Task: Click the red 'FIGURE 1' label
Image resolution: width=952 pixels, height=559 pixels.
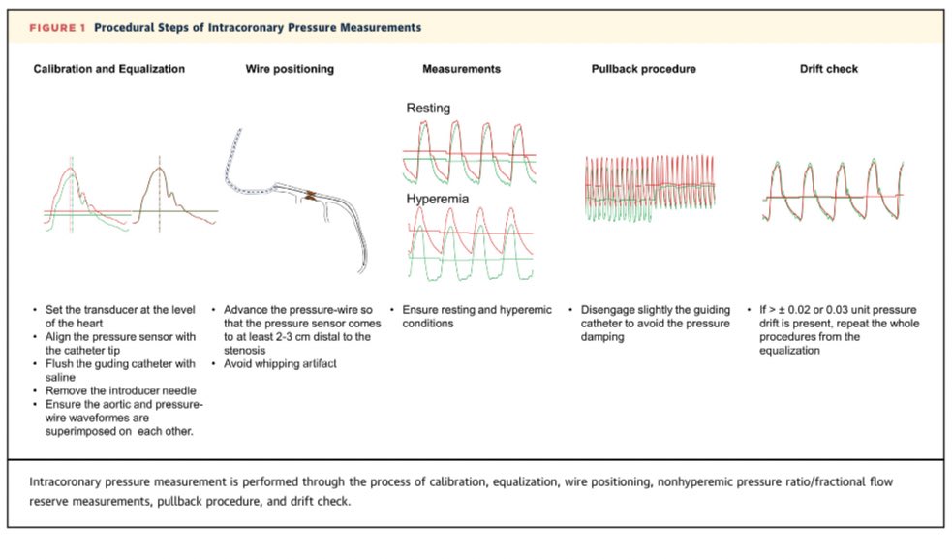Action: coord(57,28)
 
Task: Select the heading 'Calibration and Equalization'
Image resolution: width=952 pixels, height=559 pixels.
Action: coord(108,69)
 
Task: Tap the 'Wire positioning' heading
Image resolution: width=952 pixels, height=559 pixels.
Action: coord(290,69)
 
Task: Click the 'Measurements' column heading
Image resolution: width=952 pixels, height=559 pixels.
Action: coord(461,69)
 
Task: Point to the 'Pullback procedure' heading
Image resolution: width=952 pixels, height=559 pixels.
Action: coord(643,69)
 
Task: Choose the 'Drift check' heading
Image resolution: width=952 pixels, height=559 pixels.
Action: coord(828,69)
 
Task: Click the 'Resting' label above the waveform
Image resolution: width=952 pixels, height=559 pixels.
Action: coord(427,109)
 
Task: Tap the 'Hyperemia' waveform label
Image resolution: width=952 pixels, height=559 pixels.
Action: coord(436,198)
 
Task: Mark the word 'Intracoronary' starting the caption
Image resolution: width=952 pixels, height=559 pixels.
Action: coord(70,481)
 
